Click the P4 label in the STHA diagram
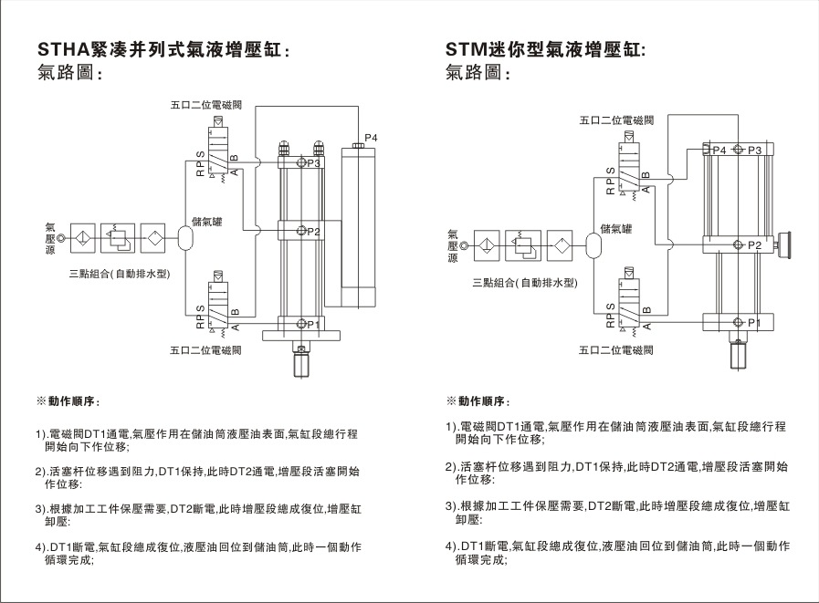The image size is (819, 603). (x=371, y=138)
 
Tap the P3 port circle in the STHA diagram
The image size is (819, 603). (x=301, y=163)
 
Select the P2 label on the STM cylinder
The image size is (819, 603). (x=755, y=244)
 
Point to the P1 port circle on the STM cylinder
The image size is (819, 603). (x=739, y=323)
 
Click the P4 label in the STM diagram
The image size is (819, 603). (x=719, y=150)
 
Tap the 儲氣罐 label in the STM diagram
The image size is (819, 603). (x=615, y=229)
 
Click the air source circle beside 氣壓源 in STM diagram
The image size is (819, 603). (x=466, y=245)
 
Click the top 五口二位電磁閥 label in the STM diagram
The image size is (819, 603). (x=616, y=120)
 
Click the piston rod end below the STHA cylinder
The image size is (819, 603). (x=301, y=365)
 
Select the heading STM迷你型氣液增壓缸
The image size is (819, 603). (x=545, y=48)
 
